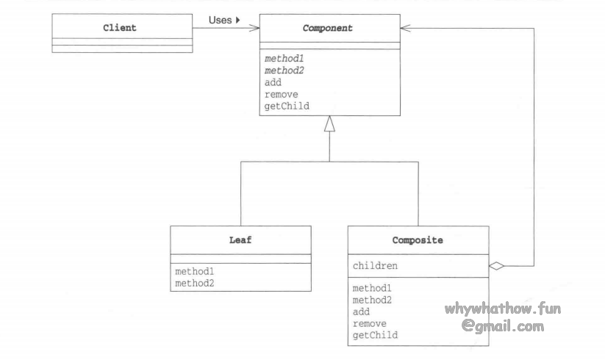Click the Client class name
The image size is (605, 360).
pos(121,29)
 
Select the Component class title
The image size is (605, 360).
pos(329,29)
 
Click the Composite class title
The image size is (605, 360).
pos(417,240)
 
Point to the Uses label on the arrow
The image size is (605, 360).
pos(221,20)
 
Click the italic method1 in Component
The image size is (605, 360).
pos(284,58)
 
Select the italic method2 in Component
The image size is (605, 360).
pos(284,71)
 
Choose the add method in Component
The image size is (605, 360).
pos(273,82)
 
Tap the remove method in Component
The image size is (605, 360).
pos(281,94)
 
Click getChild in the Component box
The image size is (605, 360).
pos(287,106)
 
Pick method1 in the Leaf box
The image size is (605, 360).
pos(195,271)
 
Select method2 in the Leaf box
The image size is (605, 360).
pos(195,283)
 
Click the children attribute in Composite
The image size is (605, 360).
pos(375,265)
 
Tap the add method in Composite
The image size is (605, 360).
pos(361,312)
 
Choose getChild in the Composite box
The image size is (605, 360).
pos(375,335)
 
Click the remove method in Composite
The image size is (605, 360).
pos(369,323)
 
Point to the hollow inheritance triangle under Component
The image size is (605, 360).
pos(329,124)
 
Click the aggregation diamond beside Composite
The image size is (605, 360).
pos(498,265)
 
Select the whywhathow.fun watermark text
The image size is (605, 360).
pos(502,309)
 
